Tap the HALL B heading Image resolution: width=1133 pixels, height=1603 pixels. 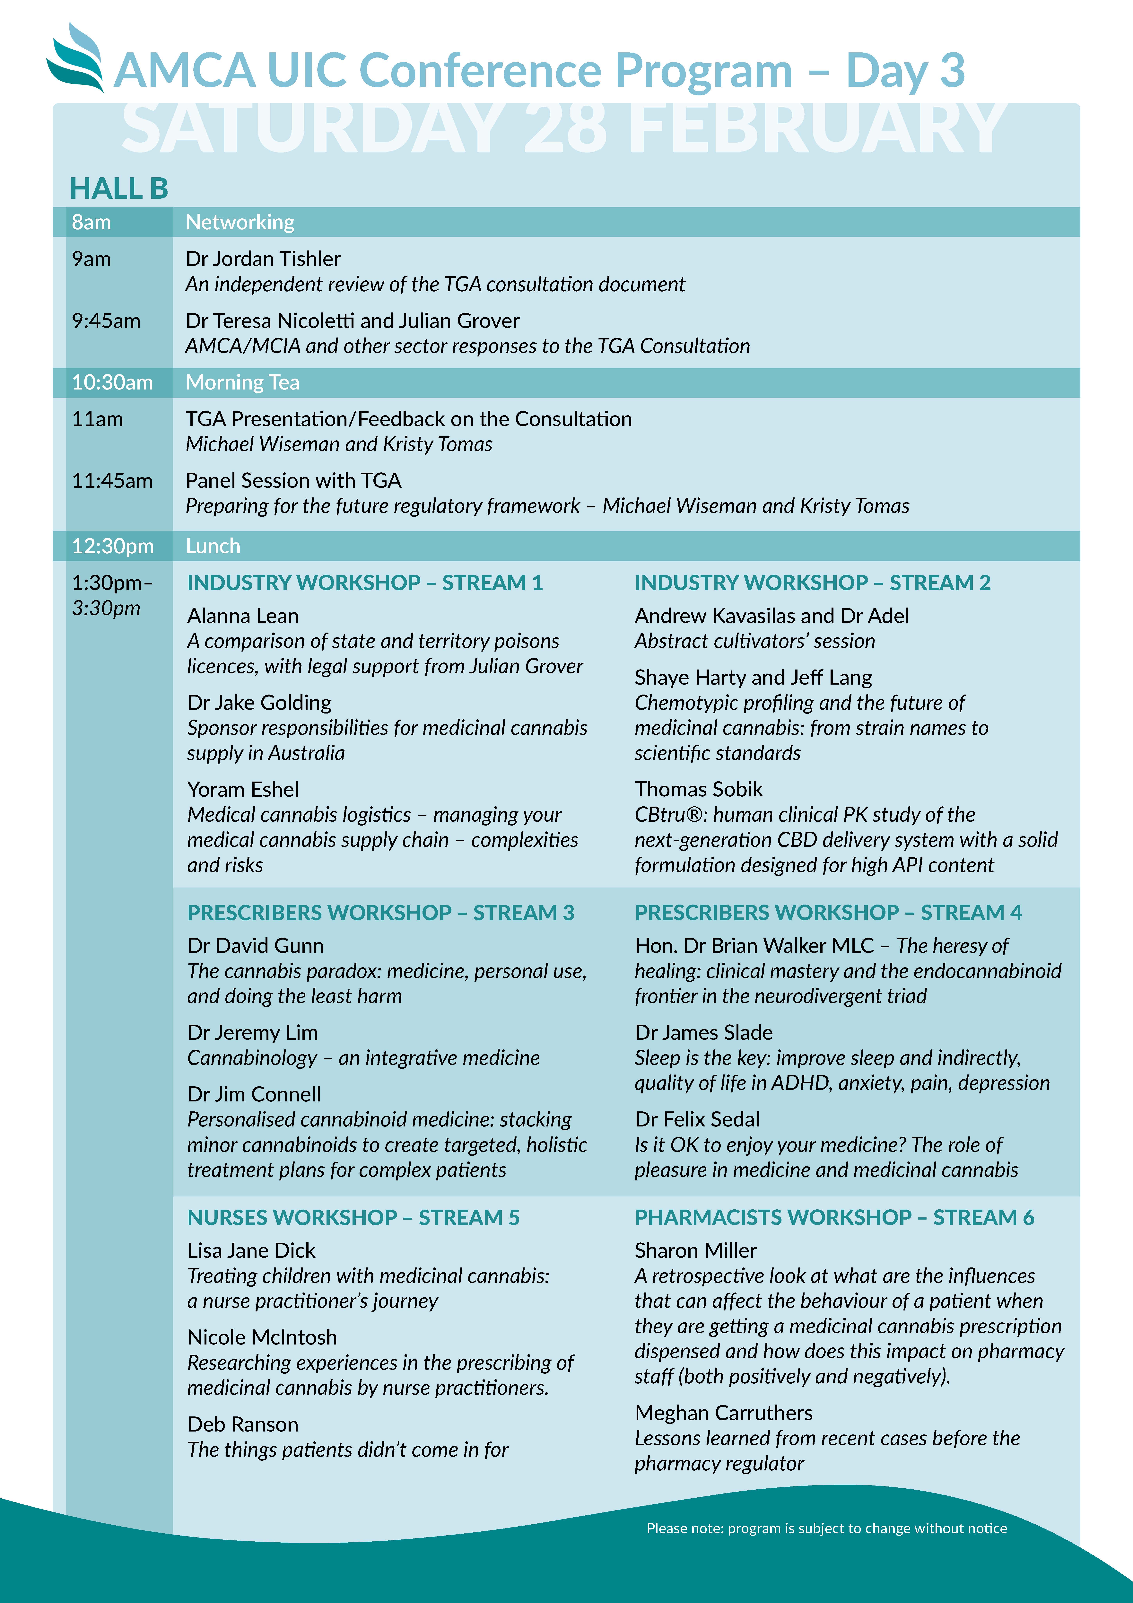coord(119,188)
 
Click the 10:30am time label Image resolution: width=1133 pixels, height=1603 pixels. coord(112,383)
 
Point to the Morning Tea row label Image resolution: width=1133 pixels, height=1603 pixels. coord(242,383)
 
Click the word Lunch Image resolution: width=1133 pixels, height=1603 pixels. coord(213,546)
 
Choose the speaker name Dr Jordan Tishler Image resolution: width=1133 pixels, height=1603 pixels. coord(263,259)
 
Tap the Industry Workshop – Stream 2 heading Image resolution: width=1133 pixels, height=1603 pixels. coord(812,583)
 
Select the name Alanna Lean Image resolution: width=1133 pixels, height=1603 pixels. coord(243,616)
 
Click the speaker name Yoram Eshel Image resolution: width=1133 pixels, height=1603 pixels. coord(243,790)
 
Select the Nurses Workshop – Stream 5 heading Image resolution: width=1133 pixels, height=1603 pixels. coord(353,1218)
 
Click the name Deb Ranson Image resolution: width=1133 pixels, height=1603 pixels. coord(243,1424)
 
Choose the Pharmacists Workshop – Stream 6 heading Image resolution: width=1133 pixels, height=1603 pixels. coord(834,1218)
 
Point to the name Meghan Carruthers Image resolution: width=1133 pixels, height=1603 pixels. coord(723,1413)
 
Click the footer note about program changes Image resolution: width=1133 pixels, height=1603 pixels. coord(827,1528)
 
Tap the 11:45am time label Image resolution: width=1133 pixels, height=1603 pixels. coord(112,481)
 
